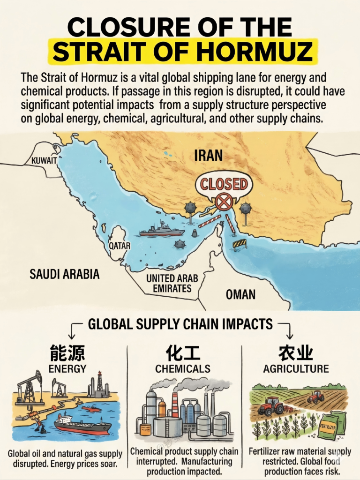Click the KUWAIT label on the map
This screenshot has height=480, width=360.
(x=44, y=161)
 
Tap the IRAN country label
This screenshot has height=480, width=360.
(x=208, y=156)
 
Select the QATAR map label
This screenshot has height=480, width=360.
(x=120, y=245)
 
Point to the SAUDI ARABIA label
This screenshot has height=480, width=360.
(x=65, y=274)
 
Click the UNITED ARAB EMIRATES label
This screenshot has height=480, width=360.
(x=172, y=283)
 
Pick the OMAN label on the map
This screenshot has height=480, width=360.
(x=240, y=294)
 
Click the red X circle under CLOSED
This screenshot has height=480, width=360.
(x=224, y=202)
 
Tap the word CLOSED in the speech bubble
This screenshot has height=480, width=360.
(x=224, y=184)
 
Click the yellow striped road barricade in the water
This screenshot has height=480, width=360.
(x=240, y=243)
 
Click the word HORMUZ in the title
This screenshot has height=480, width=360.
(x=265, y=51)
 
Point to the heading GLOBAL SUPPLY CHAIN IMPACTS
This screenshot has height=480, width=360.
(x=180, y=324)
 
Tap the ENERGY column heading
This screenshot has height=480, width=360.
(x=67, y=368)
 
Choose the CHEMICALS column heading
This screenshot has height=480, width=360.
(x=183, y=368)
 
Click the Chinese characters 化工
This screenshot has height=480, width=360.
(x=183, y=352)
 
